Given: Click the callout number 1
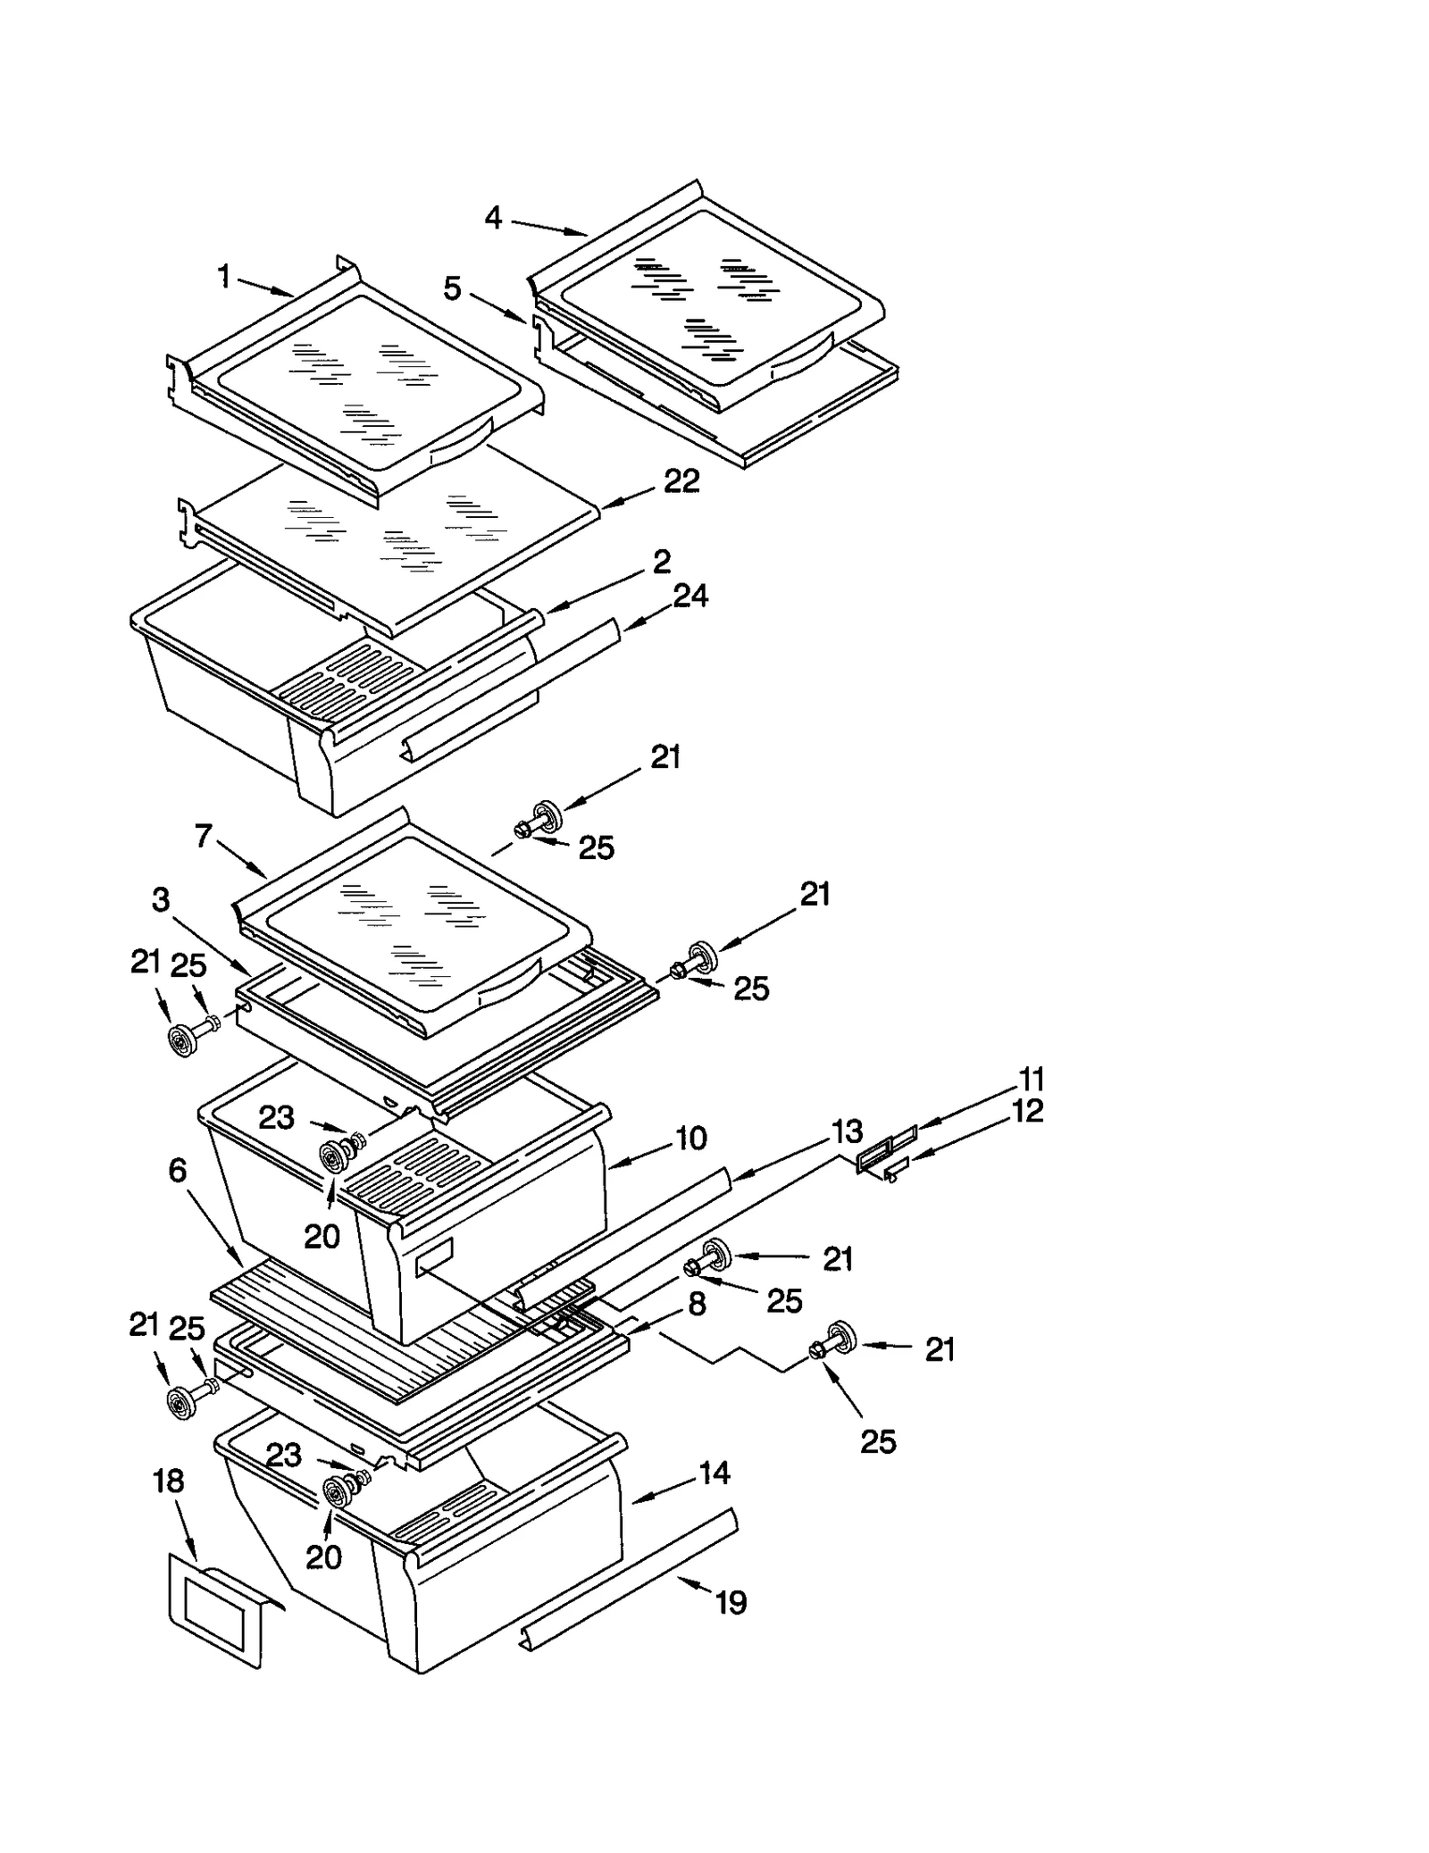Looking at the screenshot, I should [224, 277].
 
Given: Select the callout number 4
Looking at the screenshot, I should [493, 217].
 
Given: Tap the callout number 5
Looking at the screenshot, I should [453, 288].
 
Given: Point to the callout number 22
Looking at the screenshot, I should [681, 481].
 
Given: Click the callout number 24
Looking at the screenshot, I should [690, 596].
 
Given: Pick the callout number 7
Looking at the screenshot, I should [204, 836].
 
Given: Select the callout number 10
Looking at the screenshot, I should [691, 1138].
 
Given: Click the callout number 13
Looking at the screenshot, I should [847, 1131].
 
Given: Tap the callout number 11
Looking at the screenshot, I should [1031, 1079].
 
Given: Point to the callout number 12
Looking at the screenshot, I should [1028, 1111].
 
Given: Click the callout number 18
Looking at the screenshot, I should [168, 1481].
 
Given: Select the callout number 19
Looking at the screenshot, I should [731, 1603].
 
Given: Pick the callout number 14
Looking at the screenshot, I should [714, 1473].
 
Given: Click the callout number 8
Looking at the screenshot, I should [697, 1304].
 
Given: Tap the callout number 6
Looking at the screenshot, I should [177, 1170].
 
